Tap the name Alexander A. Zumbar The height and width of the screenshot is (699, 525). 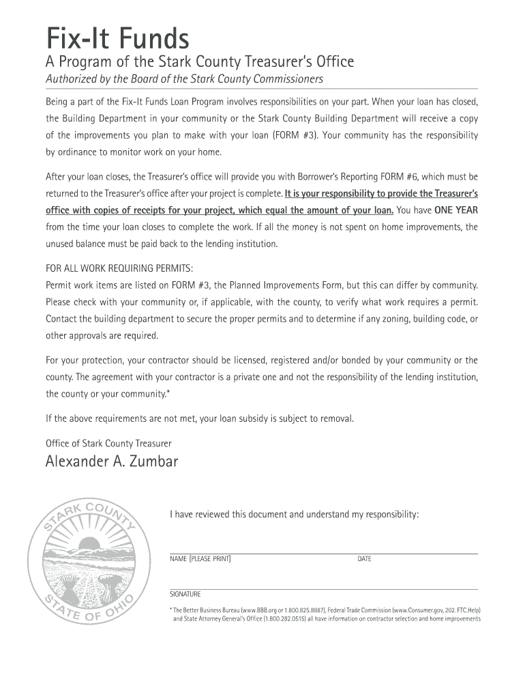(112, 462)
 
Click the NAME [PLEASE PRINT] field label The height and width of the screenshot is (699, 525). (200, 559)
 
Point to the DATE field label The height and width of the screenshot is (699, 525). (364, 559)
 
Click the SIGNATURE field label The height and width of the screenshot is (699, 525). (185, 594)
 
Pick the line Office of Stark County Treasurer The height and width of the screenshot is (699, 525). (108, 443)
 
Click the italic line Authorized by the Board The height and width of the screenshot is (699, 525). (184, 79)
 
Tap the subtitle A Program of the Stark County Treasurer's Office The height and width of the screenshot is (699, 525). (200, 62)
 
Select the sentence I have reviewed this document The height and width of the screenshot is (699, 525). (294, 514)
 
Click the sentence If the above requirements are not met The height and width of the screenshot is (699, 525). (200, 418)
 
